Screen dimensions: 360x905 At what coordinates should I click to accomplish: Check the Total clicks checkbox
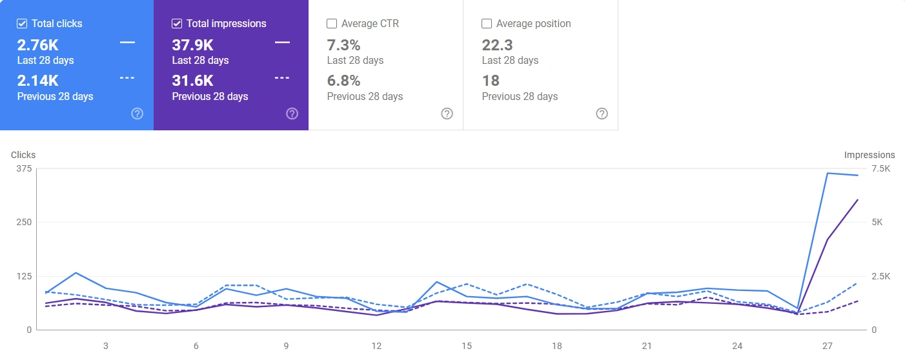[22, 24]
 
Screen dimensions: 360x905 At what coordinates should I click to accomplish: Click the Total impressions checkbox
[177, 24]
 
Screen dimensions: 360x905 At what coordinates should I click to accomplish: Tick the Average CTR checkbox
[332, 24]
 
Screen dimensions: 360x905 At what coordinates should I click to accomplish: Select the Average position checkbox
[487, 24]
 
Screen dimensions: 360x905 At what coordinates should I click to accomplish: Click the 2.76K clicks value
[38, 45]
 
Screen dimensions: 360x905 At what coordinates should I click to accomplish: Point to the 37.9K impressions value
[193, 45]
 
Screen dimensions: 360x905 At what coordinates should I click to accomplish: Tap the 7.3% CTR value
[343, 45]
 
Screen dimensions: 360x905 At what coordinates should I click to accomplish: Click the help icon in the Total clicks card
[137, 114]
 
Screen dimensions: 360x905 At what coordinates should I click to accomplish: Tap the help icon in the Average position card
[602, 114]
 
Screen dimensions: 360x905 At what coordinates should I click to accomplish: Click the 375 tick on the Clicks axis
[25, 168]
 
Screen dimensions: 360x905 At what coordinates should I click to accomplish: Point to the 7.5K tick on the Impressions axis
[880, 168]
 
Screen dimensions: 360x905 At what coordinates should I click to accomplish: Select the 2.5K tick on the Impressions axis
[880, 276]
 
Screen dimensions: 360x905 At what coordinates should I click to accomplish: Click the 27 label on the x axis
[828, 346]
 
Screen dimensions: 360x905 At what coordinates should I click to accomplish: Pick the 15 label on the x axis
[467, 346]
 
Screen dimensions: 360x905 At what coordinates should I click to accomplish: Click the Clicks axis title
[23, 155]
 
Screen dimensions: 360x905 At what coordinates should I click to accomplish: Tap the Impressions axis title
[869, 155]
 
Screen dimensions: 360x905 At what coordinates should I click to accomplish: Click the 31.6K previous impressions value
[192, 81]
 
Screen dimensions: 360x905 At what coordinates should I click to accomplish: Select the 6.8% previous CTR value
[343, 81]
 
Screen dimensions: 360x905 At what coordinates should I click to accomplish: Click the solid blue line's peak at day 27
[828, 173]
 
